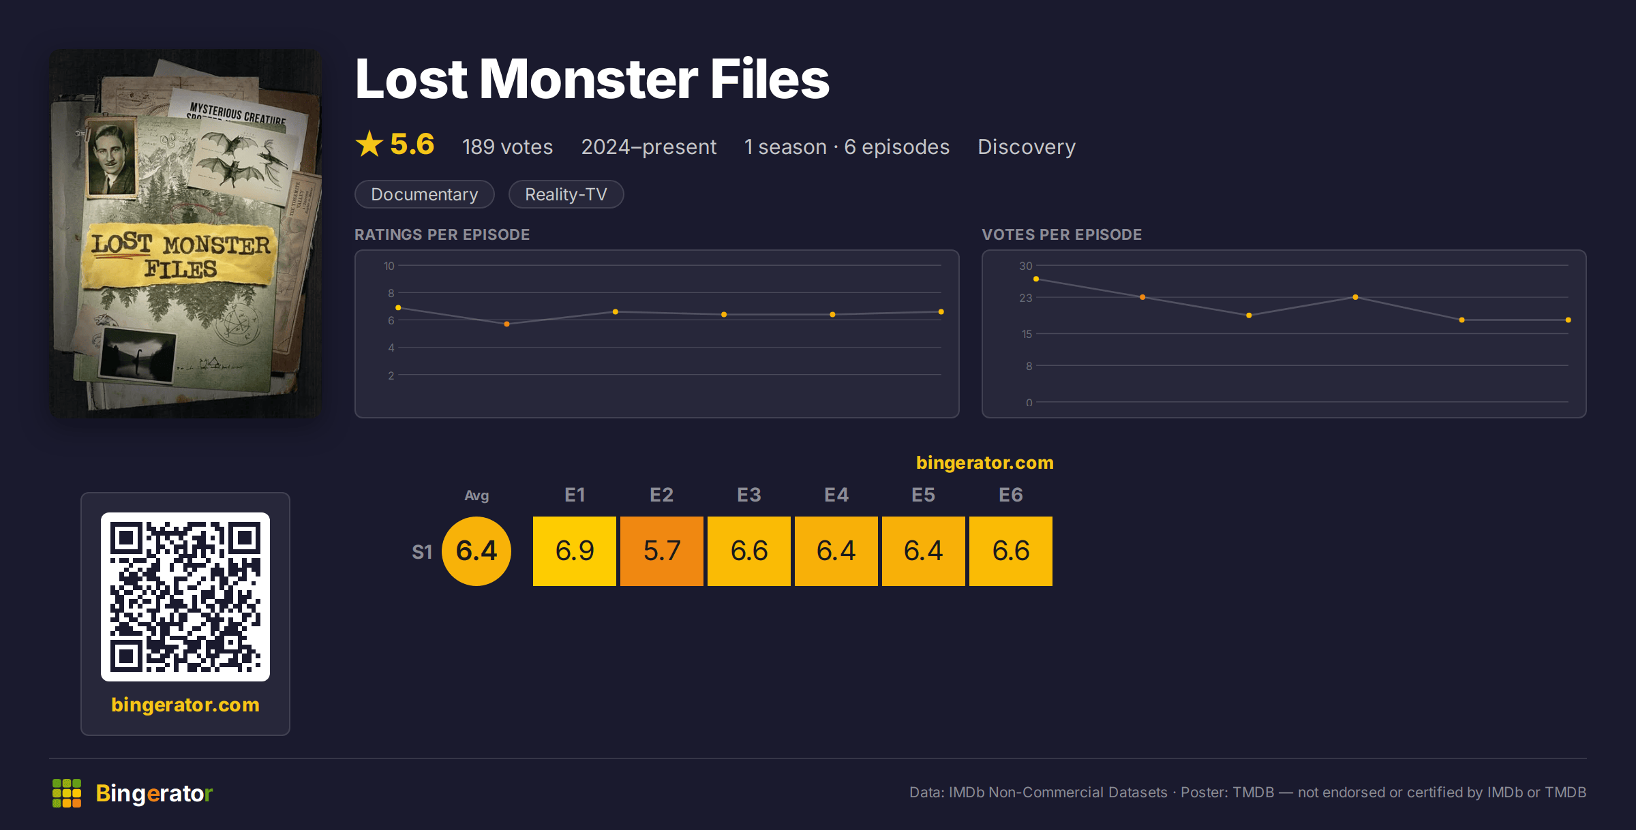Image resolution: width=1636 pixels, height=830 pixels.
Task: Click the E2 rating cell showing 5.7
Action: (661, 551)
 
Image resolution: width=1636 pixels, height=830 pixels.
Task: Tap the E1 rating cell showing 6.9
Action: (574, 551)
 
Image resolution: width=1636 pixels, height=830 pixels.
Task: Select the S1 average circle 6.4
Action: (476, 551)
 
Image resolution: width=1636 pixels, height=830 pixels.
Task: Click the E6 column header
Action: (1010, 495)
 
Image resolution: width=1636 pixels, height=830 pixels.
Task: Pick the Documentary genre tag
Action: (425, 194)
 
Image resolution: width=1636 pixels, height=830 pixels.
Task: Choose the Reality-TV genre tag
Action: (566, 194)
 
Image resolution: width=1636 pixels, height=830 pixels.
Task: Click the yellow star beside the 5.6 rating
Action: (369, 144)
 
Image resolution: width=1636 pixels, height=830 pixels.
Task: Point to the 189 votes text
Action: (507, 147)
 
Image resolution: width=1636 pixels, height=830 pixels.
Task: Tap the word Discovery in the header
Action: (1027, 147)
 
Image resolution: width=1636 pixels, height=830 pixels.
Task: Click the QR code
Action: (185, 597)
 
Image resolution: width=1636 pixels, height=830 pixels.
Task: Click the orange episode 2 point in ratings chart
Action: (506, 324)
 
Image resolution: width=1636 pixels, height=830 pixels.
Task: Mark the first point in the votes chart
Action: (1036, 279)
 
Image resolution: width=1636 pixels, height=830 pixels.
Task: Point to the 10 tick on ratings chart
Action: (389, 266)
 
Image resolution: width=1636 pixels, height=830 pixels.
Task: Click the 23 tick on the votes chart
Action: (1025, 298)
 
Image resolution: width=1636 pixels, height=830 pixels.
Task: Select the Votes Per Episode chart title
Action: (1061, 234)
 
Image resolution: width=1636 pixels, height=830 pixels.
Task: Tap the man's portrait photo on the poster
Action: (111, 159)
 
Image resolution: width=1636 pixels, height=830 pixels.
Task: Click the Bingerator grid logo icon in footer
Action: (67, 793)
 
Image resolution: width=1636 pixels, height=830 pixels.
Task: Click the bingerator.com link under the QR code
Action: (185, 705)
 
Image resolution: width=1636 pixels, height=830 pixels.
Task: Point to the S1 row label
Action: (422, 552)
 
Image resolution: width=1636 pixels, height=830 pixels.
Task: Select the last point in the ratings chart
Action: (941, 311)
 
